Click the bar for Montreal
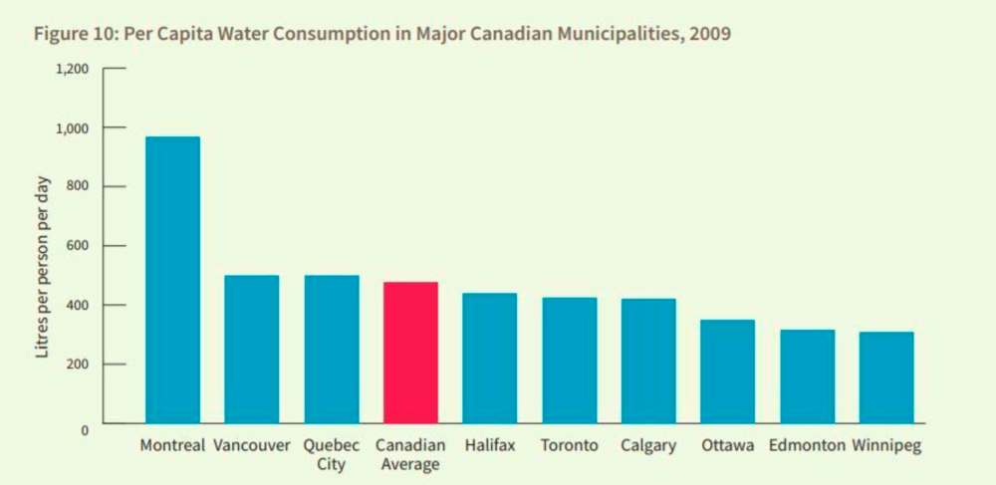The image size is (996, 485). tap(172, 280)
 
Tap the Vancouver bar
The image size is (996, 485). tap(251, 349)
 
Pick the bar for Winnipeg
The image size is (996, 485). tap(886, 377)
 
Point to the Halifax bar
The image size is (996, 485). tap(489, 359)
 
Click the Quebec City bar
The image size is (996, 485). tap(331, 349)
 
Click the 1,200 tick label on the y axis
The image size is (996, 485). tap(72, 69)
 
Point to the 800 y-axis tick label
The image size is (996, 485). tap(79, 187)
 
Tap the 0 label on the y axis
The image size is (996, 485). tap(85, 429)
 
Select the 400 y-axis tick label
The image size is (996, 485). tap(79, 306)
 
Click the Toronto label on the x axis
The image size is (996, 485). tap(569, 445)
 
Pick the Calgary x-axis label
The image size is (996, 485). tap(648, 445)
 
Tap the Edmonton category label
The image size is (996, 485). tap(808, 445)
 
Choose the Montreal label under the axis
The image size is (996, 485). tap(172, 445)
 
